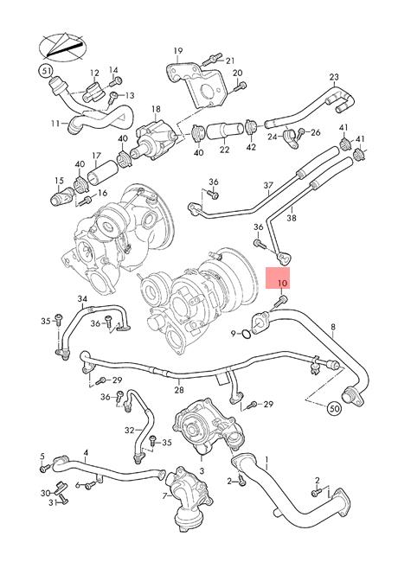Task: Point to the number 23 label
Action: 333,77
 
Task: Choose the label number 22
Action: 224,150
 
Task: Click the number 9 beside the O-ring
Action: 234,332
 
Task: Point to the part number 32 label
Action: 129,429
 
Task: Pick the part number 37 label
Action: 268,185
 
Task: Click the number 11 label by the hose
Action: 55,123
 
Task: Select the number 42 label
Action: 252,148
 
